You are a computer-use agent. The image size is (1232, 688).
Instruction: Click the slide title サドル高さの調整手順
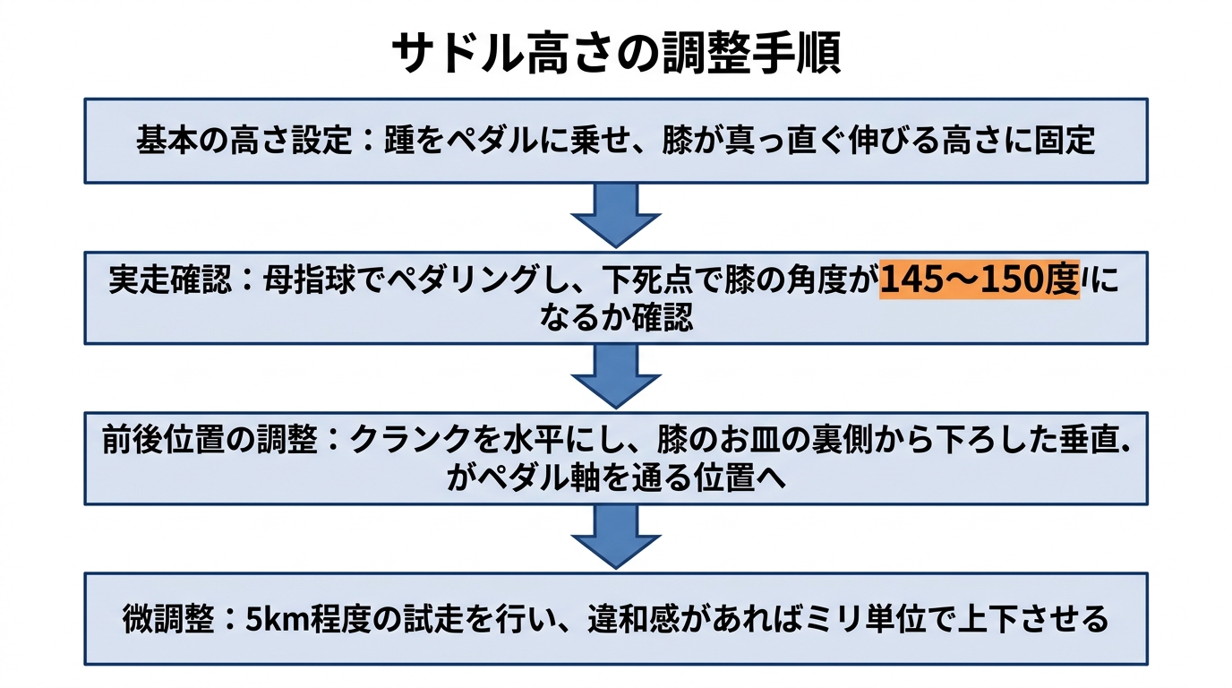click(616, 54)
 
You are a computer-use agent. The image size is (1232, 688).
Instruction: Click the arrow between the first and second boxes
click(616, 216)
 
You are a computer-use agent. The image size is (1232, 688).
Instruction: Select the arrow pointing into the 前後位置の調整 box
click(616, 376)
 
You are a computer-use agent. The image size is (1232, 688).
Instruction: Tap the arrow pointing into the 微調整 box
click(616, 536)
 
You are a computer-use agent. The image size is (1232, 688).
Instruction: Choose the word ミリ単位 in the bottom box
click(877, 619)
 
